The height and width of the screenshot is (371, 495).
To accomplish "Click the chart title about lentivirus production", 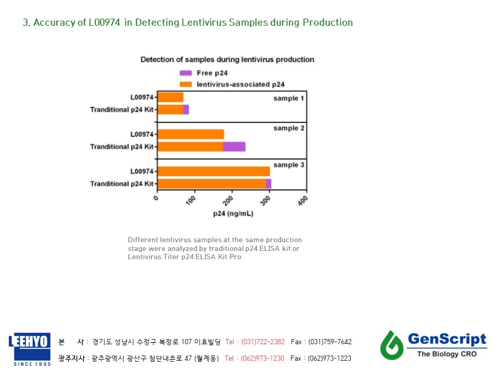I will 227,60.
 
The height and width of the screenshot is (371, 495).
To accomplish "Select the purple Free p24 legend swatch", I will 186,73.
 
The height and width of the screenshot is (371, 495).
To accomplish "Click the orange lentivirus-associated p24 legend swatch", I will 186,84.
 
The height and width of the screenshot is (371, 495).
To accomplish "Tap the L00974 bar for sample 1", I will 170,97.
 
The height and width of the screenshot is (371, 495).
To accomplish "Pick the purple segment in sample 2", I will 234,146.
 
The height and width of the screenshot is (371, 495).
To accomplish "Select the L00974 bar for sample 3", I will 213,171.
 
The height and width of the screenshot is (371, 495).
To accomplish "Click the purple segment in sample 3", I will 268,183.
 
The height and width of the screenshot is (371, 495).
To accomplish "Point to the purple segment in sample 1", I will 186,109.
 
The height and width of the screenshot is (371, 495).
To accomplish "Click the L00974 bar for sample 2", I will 191,134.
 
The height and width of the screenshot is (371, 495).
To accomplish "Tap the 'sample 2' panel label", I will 289,128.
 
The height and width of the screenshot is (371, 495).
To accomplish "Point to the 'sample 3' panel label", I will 289,165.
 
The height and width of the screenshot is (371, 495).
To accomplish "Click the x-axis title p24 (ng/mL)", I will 233,214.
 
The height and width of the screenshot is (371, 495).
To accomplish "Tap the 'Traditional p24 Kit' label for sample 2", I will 122,147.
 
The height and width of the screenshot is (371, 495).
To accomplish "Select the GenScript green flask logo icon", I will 392,344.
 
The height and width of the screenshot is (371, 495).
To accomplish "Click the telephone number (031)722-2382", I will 262,342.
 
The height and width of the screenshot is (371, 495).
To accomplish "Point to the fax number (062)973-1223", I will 329,358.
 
